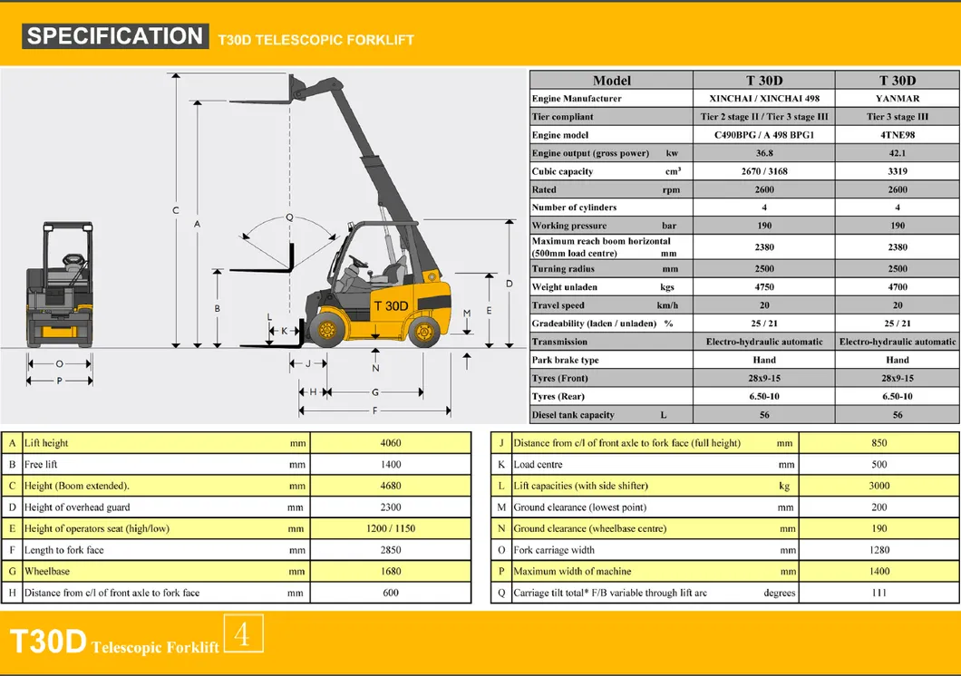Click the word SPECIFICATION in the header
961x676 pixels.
(114, 36)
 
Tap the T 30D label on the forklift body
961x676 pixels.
(391, 305)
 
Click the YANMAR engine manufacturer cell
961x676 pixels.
(898, 99)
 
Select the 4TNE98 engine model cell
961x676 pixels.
(898, 135)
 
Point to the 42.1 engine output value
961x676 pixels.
(898, 153)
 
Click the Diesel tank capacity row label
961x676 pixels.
(573, 415)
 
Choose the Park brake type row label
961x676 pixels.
(565, 360)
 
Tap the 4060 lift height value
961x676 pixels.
(391, 443)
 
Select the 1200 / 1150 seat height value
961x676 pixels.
(391, 528)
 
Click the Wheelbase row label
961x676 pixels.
(47, 572)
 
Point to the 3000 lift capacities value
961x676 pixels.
(878, 486)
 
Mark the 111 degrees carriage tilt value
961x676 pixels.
(878, 593)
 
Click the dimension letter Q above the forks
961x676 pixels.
(289, 217)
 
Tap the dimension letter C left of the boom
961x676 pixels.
(176, 210)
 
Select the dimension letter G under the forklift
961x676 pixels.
(374, 392)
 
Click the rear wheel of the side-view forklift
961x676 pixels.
(423, 332)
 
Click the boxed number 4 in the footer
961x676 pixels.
(242, 634)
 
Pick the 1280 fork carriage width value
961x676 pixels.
(878, 550)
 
